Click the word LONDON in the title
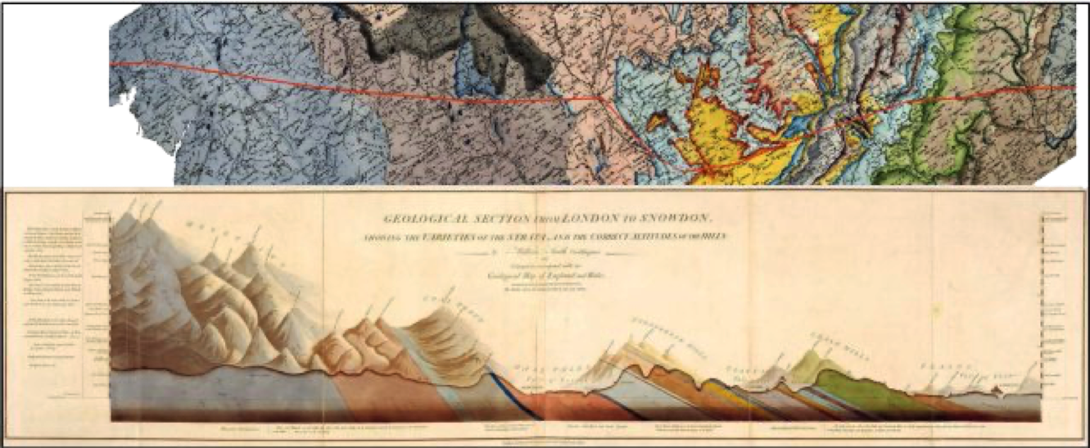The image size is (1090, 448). tap(588, 219)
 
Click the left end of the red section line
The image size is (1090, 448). tap(112, 63)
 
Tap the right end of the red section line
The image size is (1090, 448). tap(1075, 86)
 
